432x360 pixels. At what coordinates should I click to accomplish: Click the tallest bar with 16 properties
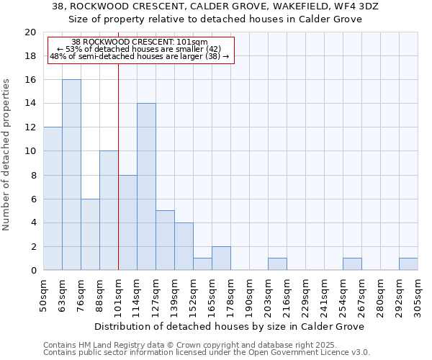71,175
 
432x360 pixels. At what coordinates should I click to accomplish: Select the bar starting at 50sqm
53,199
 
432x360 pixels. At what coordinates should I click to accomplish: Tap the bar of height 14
146,186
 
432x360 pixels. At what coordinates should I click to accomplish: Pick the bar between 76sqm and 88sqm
90,235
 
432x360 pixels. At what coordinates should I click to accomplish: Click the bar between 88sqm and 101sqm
109,210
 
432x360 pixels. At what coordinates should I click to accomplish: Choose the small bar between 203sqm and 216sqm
277,264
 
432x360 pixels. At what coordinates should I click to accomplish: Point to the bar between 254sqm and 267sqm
352,264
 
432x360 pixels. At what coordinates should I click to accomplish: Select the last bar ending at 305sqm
408,264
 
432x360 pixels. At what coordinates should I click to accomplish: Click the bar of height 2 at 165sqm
221,258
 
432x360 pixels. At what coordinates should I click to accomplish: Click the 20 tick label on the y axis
30,32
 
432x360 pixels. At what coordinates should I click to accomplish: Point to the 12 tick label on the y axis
30,127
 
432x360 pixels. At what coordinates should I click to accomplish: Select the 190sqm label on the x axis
250,295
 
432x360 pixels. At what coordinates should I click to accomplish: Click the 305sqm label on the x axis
418,295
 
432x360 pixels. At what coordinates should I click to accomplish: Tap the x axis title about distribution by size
230,326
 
